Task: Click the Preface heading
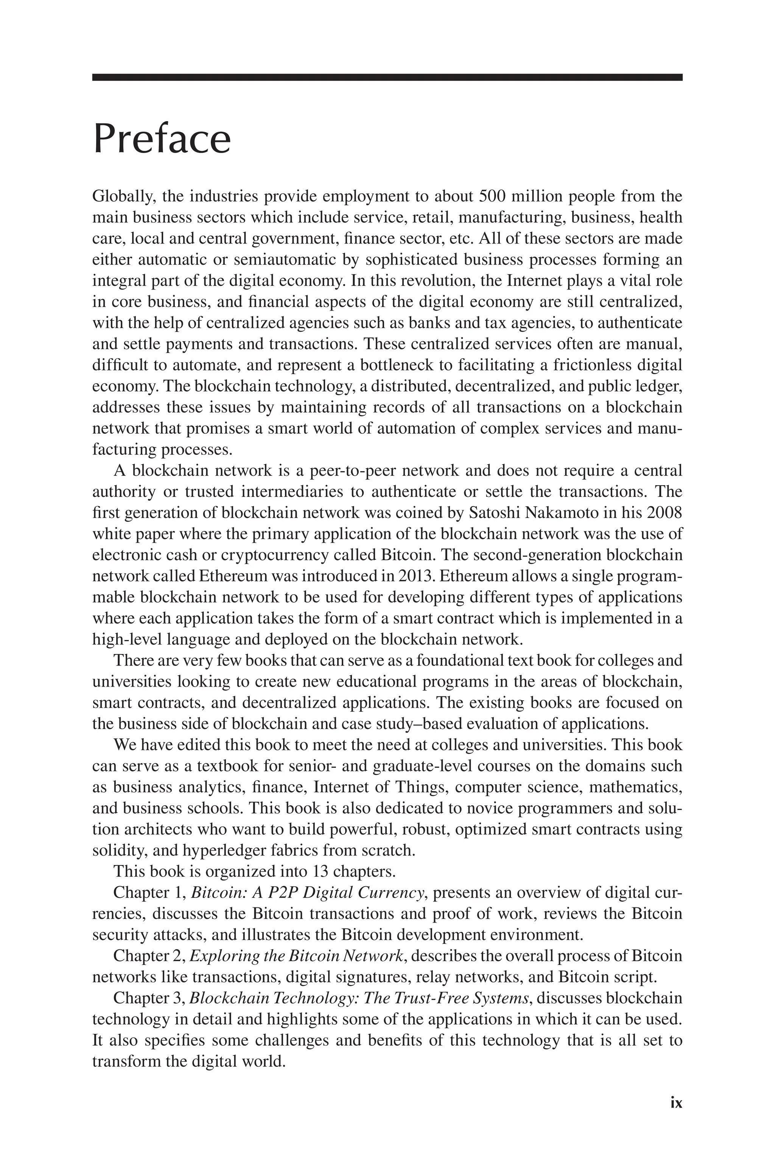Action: (x=162, y=140)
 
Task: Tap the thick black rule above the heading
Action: (x=387, y=77)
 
